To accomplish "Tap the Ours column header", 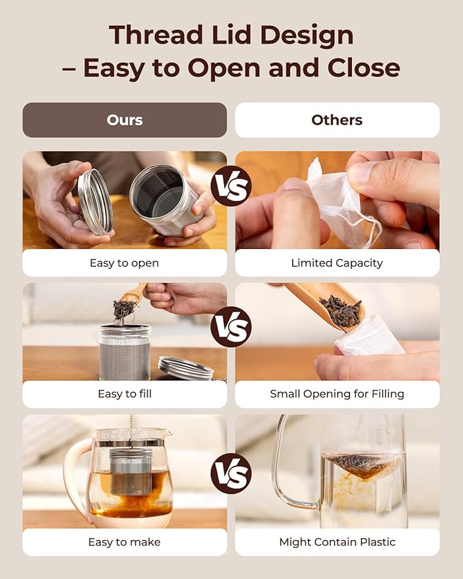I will click(x=125, y=120).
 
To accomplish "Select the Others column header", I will click(x=337, y=120).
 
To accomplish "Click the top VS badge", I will click(x=231, y=185).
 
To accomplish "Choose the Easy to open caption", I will click(x=125, y=263).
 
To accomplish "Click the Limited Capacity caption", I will click(x=337, y=263).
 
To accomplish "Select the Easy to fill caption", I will click(x=125, y=394).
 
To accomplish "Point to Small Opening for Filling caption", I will click(x=337, y=394).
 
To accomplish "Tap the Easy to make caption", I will click(x=125, y=542).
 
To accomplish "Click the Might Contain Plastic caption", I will click(x=337, y=542).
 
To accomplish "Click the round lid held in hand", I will click(x=95, y=201).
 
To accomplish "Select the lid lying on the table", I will click(x=185, y=368).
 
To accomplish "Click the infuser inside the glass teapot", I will click(x=132, y=470).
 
